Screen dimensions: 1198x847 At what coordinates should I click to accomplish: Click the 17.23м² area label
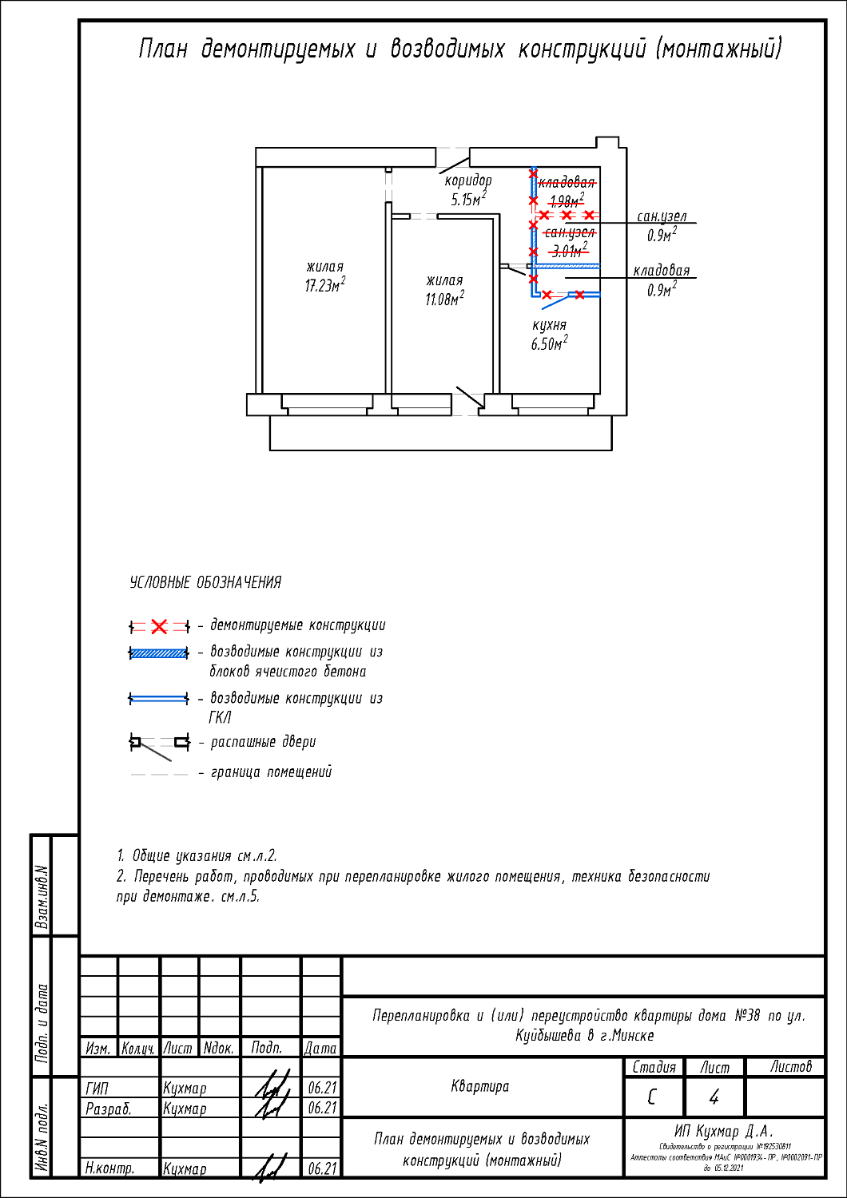[x=324, y=286]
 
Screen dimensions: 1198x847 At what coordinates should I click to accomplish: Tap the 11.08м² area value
[x=444, y=299]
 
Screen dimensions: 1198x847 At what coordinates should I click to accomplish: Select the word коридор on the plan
[x=468, y=180]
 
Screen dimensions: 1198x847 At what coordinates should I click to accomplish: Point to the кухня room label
[x=549, y=325]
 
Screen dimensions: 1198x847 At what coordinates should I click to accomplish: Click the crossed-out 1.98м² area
[x=567, y=200]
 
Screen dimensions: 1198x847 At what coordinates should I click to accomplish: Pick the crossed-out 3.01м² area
[x=569, y=251]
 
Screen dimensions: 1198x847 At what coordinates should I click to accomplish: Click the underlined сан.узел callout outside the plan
[x=662, y=216]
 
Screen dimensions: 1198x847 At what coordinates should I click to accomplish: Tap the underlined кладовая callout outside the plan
[x=662, y=271]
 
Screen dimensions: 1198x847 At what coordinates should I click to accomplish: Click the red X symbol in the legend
[x=159, y=626]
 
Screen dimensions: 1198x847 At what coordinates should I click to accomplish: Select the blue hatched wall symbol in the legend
[x=159, y=653]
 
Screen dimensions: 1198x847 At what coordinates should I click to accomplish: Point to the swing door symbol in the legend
[x=160, y=744]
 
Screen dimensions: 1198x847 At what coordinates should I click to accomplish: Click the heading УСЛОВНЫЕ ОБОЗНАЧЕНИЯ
[x=205, y=582]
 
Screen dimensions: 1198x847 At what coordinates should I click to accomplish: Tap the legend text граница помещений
[x=271, y=772]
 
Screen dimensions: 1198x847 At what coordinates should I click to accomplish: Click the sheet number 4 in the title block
[x=714, y=1097]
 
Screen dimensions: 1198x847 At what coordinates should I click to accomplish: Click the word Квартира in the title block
[x=479, y=1086]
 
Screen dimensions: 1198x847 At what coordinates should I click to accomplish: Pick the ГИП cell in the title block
[x=97, y=1088]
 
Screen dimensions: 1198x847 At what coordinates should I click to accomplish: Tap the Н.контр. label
[x=109, y=1168]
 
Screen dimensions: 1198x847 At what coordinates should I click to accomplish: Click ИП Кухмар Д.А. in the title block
[x=723, y=1131]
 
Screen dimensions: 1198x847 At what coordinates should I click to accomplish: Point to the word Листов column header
[x=790, y=1067]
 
